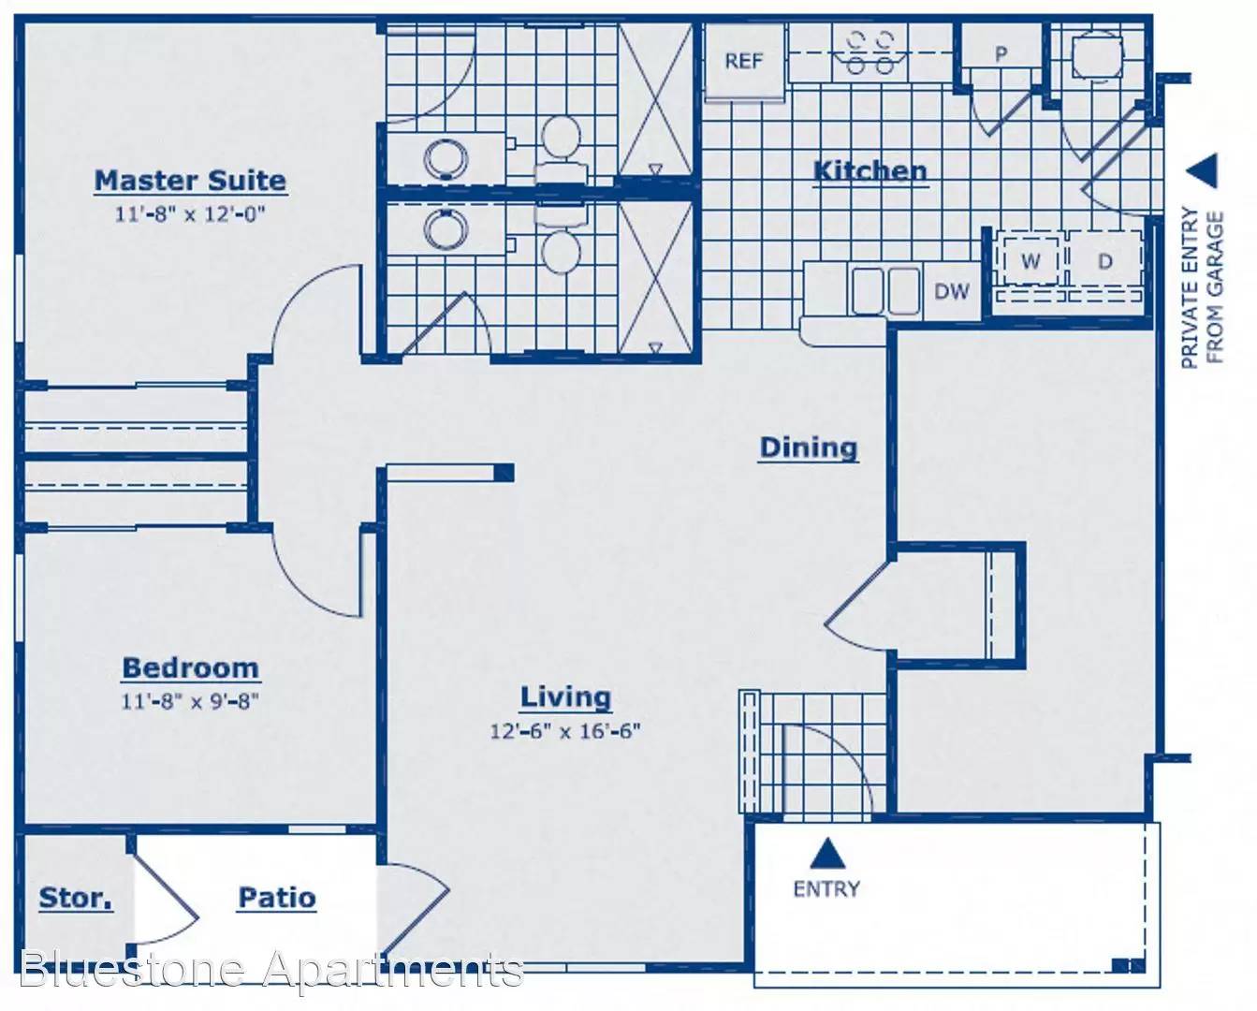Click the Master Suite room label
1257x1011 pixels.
point(190,181)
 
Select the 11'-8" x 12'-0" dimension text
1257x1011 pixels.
point(190,214)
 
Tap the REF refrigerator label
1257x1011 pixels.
point(743,61)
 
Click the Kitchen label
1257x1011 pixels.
point(870,171)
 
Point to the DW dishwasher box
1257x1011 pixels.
point(952,291)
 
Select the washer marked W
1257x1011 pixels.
point(1030,260)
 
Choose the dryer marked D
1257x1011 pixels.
point(1105,260)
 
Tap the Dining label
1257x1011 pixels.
point(809,447)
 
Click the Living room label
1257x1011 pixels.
point(566,697)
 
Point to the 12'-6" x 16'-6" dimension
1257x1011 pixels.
point(565,731)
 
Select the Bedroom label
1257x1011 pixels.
point(190,668)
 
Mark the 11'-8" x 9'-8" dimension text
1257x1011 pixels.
point(190,701)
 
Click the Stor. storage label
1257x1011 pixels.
point(76,898)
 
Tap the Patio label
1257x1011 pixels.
point(277,898)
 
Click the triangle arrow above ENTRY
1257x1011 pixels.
point(827,854)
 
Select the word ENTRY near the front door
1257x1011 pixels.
point(826,889)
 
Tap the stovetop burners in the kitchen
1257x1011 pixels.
point(870,53)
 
